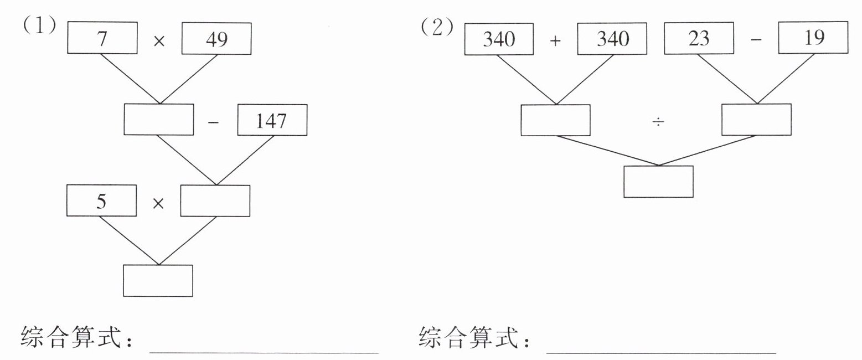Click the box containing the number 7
click(x=102, y=39)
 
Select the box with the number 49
click(x=216, y=39)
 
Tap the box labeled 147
click(x=272, y=120)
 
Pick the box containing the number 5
click(x=101, y=200)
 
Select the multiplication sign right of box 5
click(x=158, y=203)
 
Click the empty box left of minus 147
click(x=159, y=120)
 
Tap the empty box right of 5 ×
click(x=215, y=200)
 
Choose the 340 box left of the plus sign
click(x=499, y=39)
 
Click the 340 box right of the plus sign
click(x=612, y=39)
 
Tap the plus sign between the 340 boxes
click(x=556, y=40)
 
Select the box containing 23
click(x=699, y=39)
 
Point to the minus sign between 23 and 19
click(x=756, y=40)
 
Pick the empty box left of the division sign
click(x=555, y=120)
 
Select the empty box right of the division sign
click(x=757, y=120)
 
